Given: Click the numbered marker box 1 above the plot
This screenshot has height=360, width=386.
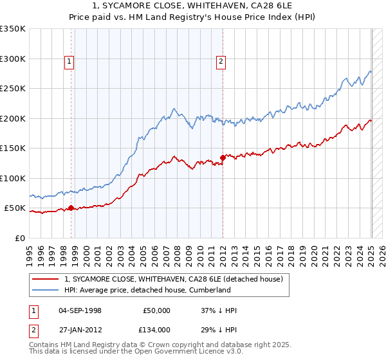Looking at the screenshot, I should pos(69,62).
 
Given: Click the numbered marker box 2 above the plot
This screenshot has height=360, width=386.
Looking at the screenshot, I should pos(221,62).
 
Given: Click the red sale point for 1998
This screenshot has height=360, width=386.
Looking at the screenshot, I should pos(71,208).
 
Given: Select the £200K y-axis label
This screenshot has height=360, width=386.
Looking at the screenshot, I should pos(13,118).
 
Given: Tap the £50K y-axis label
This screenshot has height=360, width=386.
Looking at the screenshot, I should pos(15,208).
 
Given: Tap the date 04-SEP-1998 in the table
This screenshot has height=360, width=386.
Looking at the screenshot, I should pos(80,310).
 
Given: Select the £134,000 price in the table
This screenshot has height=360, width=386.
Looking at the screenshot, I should pos(156,329).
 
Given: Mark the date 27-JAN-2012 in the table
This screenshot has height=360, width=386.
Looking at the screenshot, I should pos(80,329).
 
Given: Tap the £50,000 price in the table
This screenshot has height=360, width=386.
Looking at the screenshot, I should pos(156,310).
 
